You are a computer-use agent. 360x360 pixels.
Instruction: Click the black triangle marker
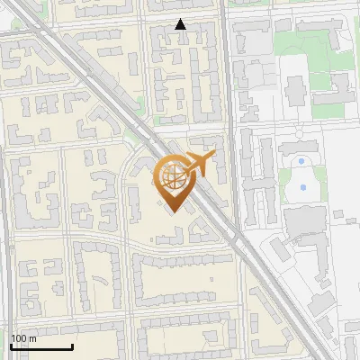[x=181, y=25]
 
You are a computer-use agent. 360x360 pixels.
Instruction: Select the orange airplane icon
[x=199, y=164]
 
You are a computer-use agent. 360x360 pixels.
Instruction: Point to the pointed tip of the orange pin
[x=172, y=211]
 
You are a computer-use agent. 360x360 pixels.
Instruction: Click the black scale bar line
[x=41, y=346]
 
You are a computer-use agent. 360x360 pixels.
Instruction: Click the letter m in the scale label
[x=33, y=338]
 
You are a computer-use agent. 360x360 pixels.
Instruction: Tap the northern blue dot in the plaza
[x=301, y=162]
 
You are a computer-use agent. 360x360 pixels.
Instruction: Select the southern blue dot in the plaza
[x=303, y=187]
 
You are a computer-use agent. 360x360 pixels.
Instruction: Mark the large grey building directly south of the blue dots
[x=304, y=220]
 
